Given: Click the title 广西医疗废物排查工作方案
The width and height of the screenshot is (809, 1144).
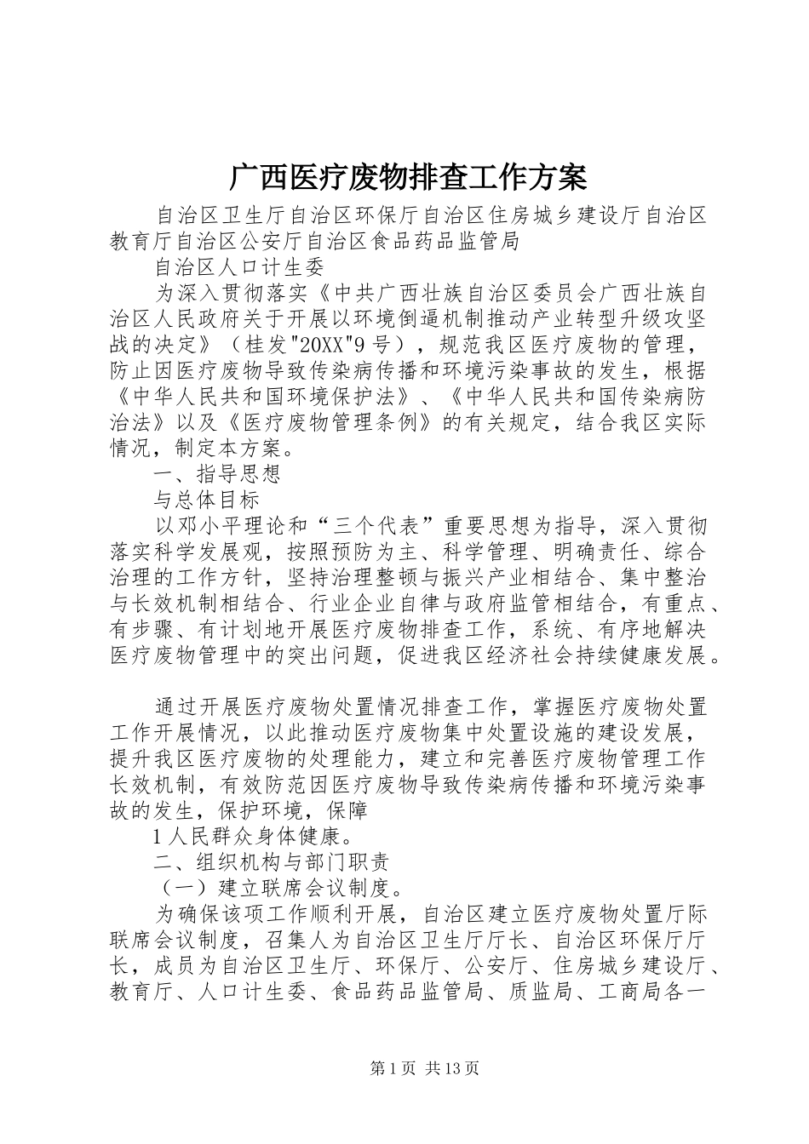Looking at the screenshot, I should (407, 178).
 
